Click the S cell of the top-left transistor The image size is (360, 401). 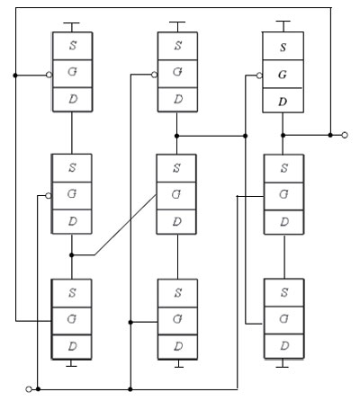(x=72, y=46)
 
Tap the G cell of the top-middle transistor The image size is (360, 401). (x=177, y=74)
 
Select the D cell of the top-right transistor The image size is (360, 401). (x=283, y=101)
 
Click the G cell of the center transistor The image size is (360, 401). (x=176, y=196)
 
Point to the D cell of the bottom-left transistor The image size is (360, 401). (x=72, y=347)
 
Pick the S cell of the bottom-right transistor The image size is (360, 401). (x=283, y=293)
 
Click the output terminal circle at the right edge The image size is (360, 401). (x=345, y=135)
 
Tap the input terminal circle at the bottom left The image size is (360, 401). (x=29, y=389)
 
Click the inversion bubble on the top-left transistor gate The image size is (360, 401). (x=49, y=75)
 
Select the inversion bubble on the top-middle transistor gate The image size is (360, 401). (x=154, y=75)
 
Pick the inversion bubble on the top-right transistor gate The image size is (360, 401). (x=259, y=76)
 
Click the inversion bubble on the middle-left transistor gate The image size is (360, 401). (x=48, y=196)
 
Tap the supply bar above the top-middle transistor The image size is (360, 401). (x=177, y=22)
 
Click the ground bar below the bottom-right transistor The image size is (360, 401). (x=282, y=367)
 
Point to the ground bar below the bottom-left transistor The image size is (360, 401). (x=71, y=366)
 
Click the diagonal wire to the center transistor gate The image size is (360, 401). (x=126, y=225)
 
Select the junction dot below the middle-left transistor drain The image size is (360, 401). (x=71, y=255)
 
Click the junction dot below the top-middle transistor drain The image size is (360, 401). (x=176, y=136)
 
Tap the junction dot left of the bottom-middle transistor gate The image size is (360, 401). (x=130, y=322)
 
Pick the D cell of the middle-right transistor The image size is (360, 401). (x=283, y=222)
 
